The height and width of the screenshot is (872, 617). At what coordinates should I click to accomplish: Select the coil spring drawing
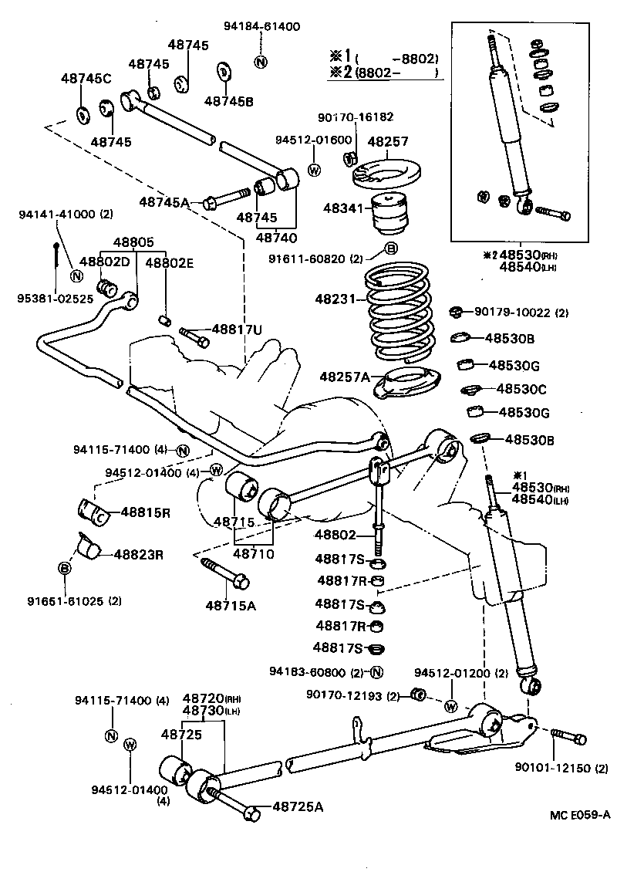(x=400, y=313)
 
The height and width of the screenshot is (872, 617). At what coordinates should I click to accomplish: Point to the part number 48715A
(x=230, y=605)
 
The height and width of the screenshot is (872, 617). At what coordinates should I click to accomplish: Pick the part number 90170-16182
(x=356, y=117)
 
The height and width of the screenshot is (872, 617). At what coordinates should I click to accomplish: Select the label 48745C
(x=86, y=78)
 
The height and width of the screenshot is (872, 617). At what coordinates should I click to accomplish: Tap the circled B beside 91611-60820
(x=390, y=248)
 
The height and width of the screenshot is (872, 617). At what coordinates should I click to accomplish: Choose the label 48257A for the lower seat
(x=345, y=376)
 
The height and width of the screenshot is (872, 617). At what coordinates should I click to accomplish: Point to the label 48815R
(x=145, y=512)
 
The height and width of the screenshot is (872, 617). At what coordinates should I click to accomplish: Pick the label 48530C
(x=522, y=389)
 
